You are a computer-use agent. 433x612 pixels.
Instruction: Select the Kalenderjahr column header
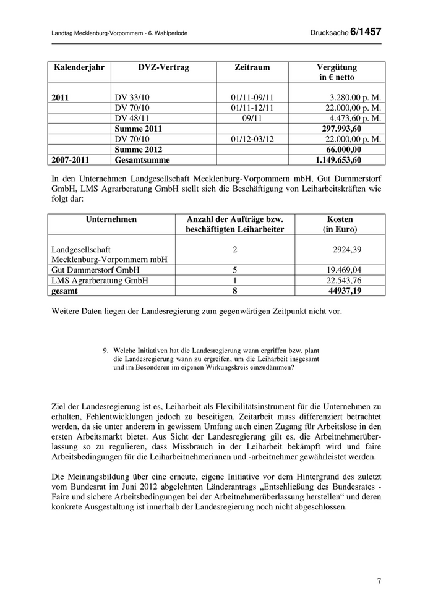coord(79,67)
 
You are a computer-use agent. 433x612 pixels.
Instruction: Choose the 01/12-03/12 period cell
coord(253,139)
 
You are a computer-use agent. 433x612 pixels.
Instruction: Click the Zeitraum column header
coord(253,67)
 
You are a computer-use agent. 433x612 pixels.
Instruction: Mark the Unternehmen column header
coord(111,219)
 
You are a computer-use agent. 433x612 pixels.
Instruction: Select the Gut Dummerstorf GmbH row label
coord(95,270)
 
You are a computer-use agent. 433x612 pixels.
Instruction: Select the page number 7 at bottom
coord(379,582)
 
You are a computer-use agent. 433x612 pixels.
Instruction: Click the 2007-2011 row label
coord(71,159)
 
